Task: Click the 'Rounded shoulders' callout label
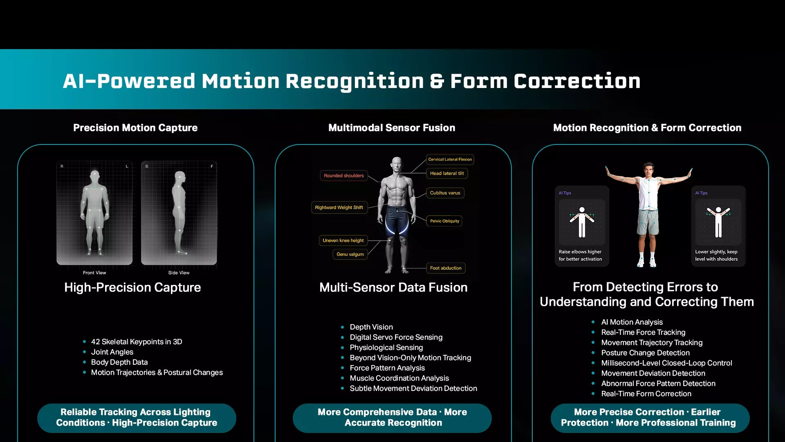[x=343, y=176]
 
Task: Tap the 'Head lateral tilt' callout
[x=447, y=173]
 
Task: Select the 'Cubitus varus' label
[x=445, y=193]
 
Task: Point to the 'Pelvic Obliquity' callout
[x=444, y=221]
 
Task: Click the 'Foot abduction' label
[x=446, y=268]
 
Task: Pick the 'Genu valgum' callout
[x=350, y=254]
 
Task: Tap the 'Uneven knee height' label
[x=343, y=240]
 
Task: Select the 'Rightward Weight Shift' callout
[x=339, y=207]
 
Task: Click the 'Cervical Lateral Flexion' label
[x=450, y=159]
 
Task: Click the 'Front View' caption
[x=94, y=273]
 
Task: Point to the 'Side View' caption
[x=179, y=273]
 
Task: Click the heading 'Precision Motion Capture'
[x=135, y=128]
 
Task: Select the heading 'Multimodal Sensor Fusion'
[x=392, y=128]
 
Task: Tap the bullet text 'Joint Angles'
[x=112, y=352]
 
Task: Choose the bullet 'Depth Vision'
[x=371, y=327]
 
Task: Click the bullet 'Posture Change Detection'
[x=645, y=353]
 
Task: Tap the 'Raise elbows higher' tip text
[x=580, y=252]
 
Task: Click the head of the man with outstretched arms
[x=648, y=169]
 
